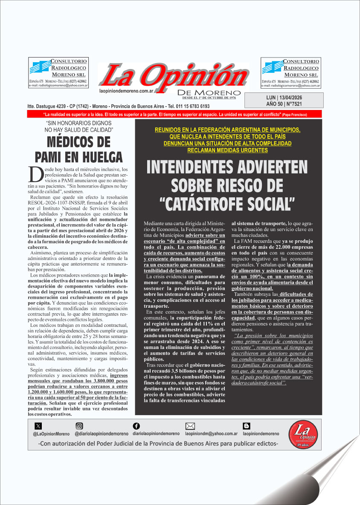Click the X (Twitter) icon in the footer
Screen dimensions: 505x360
tap(38, 426)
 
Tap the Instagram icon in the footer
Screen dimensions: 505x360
tap(79, 426)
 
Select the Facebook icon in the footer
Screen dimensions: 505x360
tap(136, 426)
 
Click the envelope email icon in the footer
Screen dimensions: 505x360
tap(190, 426)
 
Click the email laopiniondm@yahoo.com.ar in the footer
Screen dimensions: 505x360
tap(211, 434)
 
